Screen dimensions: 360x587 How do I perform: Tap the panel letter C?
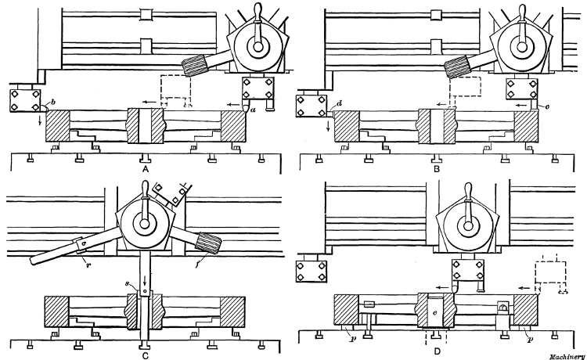(145, 352)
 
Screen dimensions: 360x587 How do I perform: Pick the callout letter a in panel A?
(253, 111)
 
